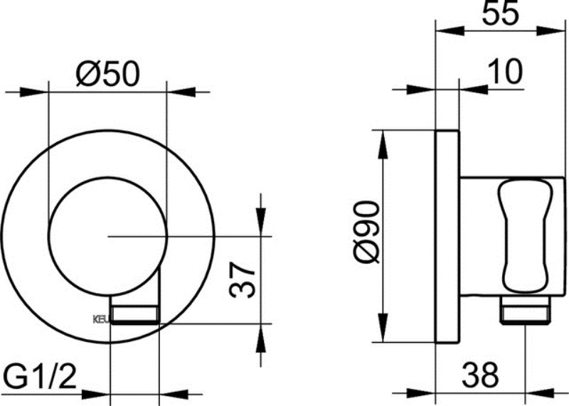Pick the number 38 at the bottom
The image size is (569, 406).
(x=479, y=372)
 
